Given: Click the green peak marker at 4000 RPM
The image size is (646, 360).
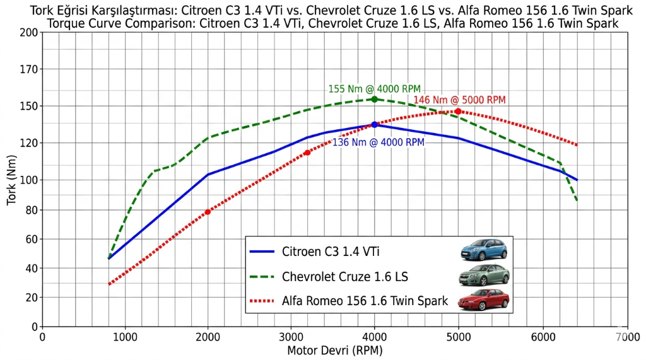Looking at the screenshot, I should (x=375, y=99).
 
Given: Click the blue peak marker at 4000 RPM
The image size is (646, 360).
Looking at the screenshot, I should (x=375, y=125).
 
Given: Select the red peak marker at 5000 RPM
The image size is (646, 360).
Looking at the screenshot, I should (x=458, y=112).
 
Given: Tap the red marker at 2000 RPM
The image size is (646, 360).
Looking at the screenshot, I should (x=208, y=212).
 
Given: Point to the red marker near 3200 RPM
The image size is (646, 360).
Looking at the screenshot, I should (x=307, y=153).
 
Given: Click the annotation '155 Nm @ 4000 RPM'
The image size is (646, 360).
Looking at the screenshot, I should (x=374, y=89).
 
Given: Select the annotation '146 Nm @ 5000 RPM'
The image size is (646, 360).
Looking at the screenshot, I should (x=459, y=100).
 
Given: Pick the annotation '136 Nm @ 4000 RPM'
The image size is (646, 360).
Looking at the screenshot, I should (x=378, y=142).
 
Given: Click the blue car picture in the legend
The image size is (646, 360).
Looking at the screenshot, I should (x=483, y=250).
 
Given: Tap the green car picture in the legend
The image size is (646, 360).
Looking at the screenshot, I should (x=483, y=276).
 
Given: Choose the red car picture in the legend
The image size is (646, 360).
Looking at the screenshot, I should (x=483, y=300).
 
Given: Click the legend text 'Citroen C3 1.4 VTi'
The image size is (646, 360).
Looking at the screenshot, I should (x=331, y=252).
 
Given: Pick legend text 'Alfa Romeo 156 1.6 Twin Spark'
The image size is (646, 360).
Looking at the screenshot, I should (x=365, y=301).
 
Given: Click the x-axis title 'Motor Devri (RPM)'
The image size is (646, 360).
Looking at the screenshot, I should (x=334, y=351).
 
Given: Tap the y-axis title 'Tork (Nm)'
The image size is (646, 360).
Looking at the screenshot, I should (x=11, y=180).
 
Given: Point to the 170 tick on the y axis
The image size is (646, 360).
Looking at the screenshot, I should (x=29, y=69).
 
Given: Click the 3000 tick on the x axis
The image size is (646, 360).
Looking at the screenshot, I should (x=291, y=337).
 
